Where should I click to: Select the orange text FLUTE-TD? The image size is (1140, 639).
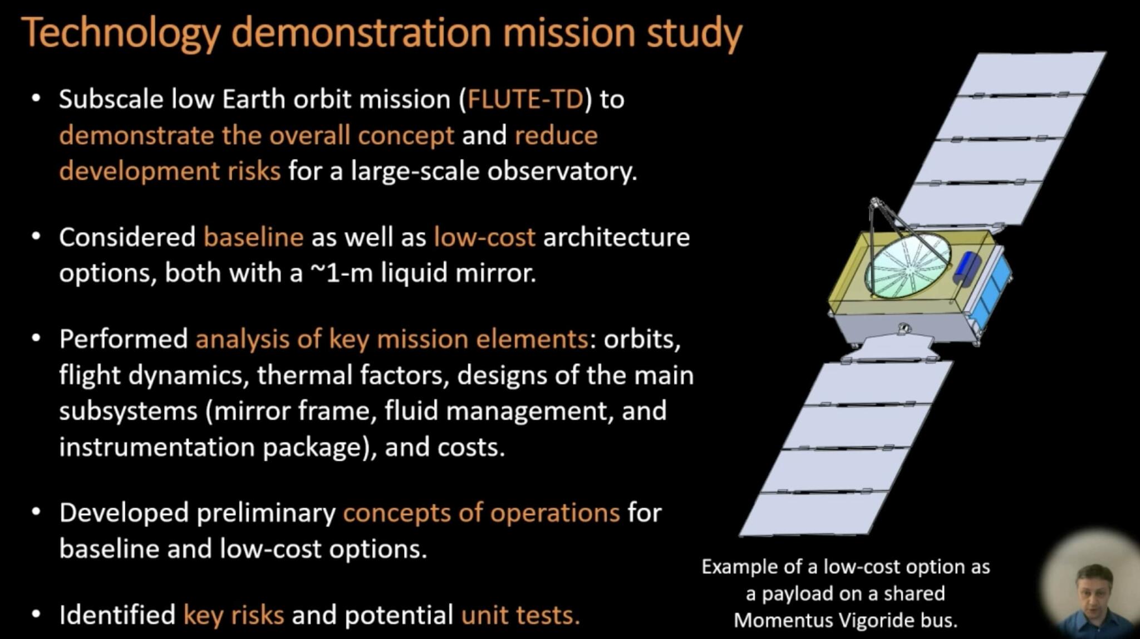[525, 100]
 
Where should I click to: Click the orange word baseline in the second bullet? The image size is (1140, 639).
[253, 238]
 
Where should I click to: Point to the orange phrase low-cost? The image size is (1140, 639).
[484, 238]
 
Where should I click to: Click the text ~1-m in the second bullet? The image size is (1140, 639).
[341, 273]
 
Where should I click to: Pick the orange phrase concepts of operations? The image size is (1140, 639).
[481, 513]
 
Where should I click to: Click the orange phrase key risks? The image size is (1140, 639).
[233, 615]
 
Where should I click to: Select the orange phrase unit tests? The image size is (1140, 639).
[520, 615]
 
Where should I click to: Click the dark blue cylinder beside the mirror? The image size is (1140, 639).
[967, 267]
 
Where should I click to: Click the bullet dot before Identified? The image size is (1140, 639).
[36, 615]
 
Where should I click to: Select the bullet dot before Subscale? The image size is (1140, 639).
[36, 99]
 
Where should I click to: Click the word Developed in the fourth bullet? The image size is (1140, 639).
[124, 513]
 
